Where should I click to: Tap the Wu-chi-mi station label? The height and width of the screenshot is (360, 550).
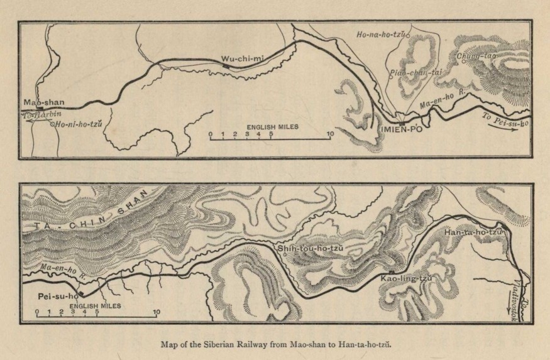[x=241, y=59]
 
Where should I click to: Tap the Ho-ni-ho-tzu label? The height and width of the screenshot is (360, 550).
[x=78, y=124]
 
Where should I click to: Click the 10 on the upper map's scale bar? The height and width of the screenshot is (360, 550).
[x=330, y=134]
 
